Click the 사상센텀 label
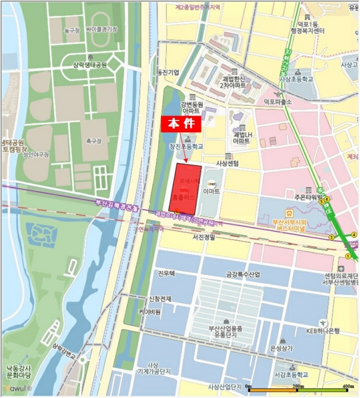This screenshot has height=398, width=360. point(227,163)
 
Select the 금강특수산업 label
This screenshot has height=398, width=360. point(243,275)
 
